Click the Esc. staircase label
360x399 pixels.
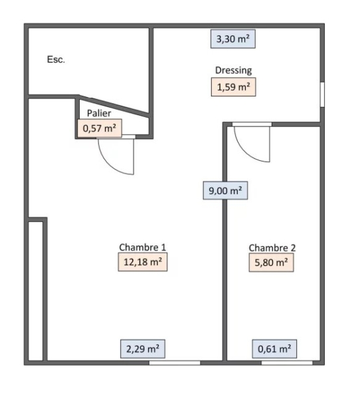[x=56, y=60]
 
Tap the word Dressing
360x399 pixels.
[x=233, y=70]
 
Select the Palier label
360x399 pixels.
[x=99, y=113]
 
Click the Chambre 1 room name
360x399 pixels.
[x=142, y=247]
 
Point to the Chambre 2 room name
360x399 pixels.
[x=272, y=247]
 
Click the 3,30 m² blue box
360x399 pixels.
[x=233, y=39]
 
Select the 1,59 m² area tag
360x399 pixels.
[x=233, y=87]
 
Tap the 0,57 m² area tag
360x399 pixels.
[x=100, y=128]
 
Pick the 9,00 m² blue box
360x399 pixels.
[x=225, y=190]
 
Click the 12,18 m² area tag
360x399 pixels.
[x=143, y=262]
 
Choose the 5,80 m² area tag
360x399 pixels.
[x=271, y=263]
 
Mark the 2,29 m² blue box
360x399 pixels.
[x=143, y=348]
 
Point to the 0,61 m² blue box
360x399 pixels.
[x=274, y=348]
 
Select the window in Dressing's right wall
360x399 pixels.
[x=322, y=94]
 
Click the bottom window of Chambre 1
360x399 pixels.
[x=175, y=362]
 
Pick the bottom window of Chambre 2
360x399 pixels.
[x=287, y=362]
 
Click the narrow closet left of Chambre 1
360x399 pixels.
[x=36, y=291]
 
